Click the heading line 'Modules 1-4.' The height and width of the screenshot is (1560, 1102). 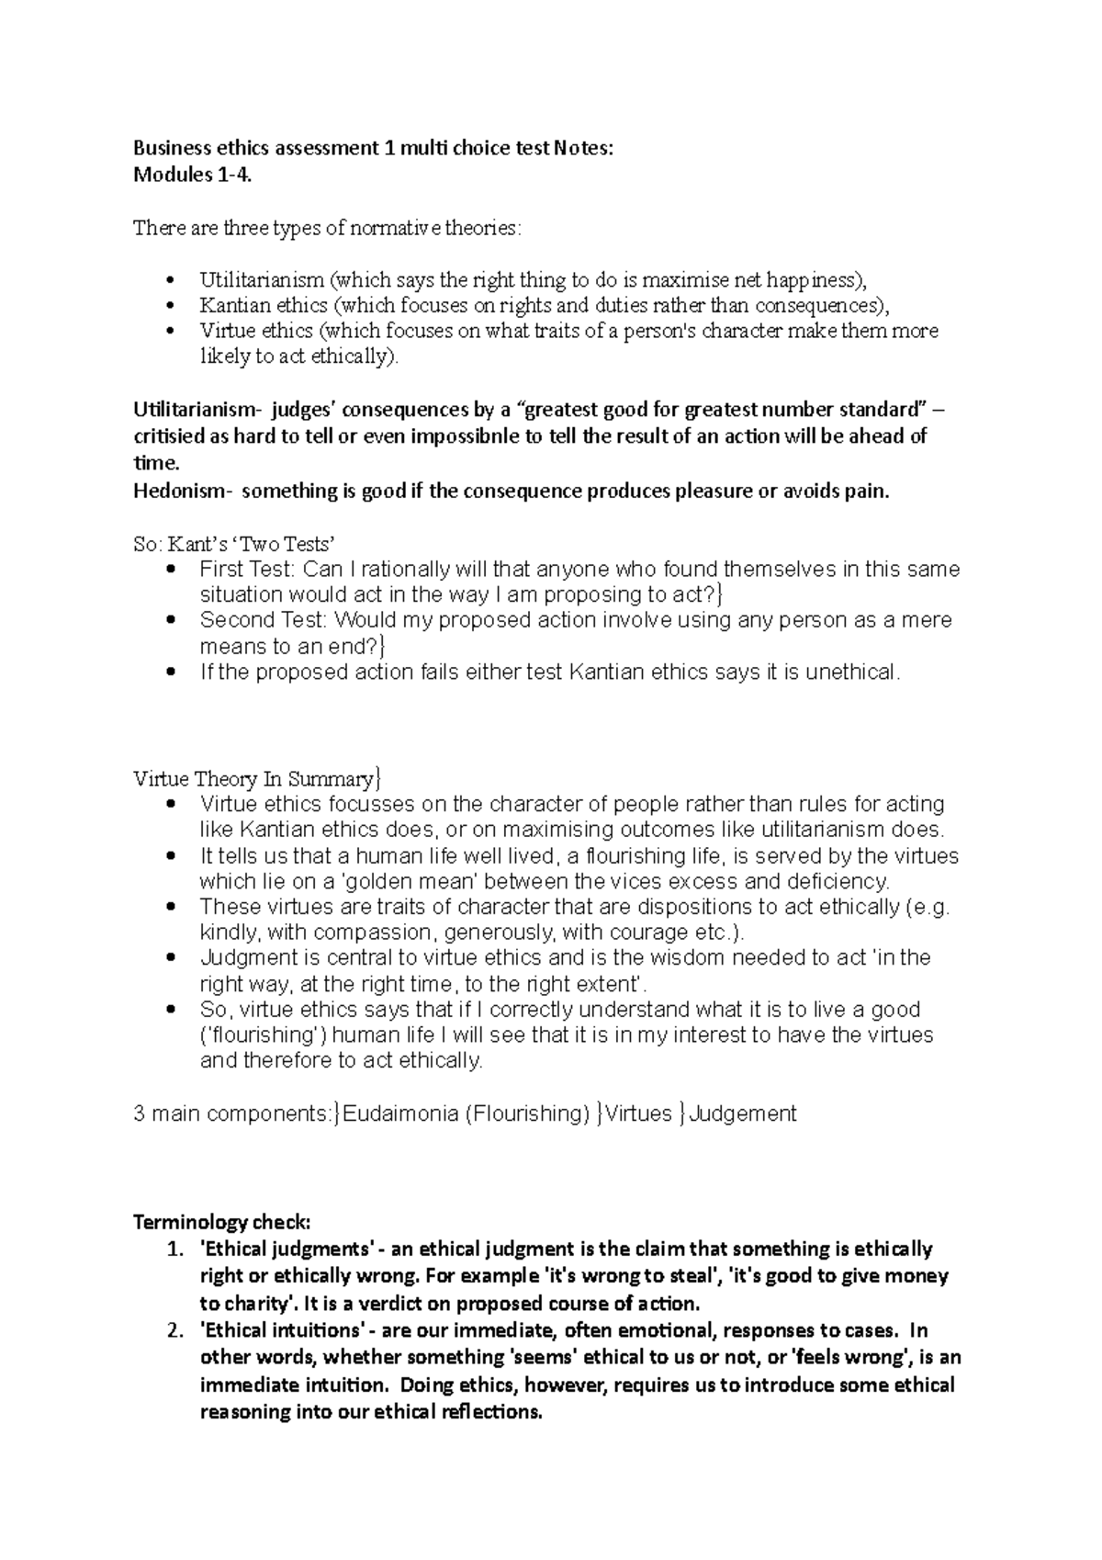[x=191, y=175]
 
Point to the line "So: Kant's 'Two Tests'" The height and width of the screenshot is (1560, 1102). [x=241, y=544]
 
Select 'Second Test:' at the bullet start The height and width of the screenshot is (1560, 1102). [x=260, y=620]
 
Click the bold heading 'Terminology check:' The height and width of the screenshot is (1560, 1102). [x=222, y=1223]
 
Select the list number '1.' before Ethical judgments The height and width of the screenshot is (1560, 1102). [x=174, y=1249]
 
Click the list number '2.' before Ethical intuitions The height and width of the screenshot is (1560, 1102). [x=174, y=1330]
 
